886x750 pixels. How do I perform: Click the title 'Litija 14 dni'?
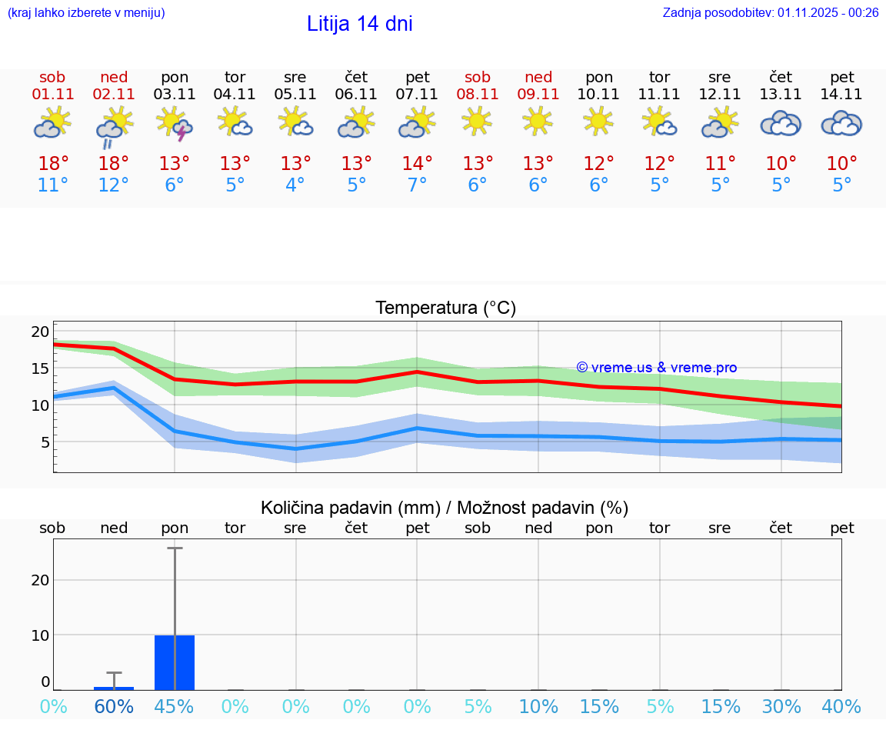359,24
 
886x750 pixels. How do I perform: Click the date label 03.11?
175,95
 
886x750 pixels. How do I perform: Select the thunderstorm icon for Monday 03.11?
175,124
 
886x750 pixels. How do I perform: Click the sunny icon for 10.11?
598,121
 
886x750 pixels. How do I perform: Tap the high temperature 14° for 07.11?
417,164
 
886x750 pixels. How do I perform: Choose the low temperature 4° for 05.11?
295,185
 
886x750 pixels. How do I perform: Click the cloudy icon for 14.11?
841,123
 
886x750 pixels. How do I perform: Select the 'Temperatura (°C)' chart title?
445,308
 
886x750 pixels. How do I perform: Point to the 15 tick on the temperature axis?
40,368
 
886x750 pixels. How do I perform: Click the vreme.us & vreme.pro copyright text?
656,368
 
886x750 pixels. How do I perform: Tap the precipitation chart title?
445,508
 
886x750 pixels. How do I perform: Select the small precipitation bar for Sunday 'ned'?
114,688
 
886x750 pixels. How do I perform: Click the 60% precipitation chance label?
114,707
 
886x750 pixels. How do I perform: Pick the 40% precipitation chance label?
841,707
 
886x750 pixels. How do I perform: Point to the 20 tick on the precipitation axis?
40,580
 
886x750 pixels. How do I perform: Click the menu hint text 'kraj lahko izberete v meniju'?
85,12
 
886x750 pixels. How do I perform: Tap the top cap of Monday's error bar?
175,548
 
